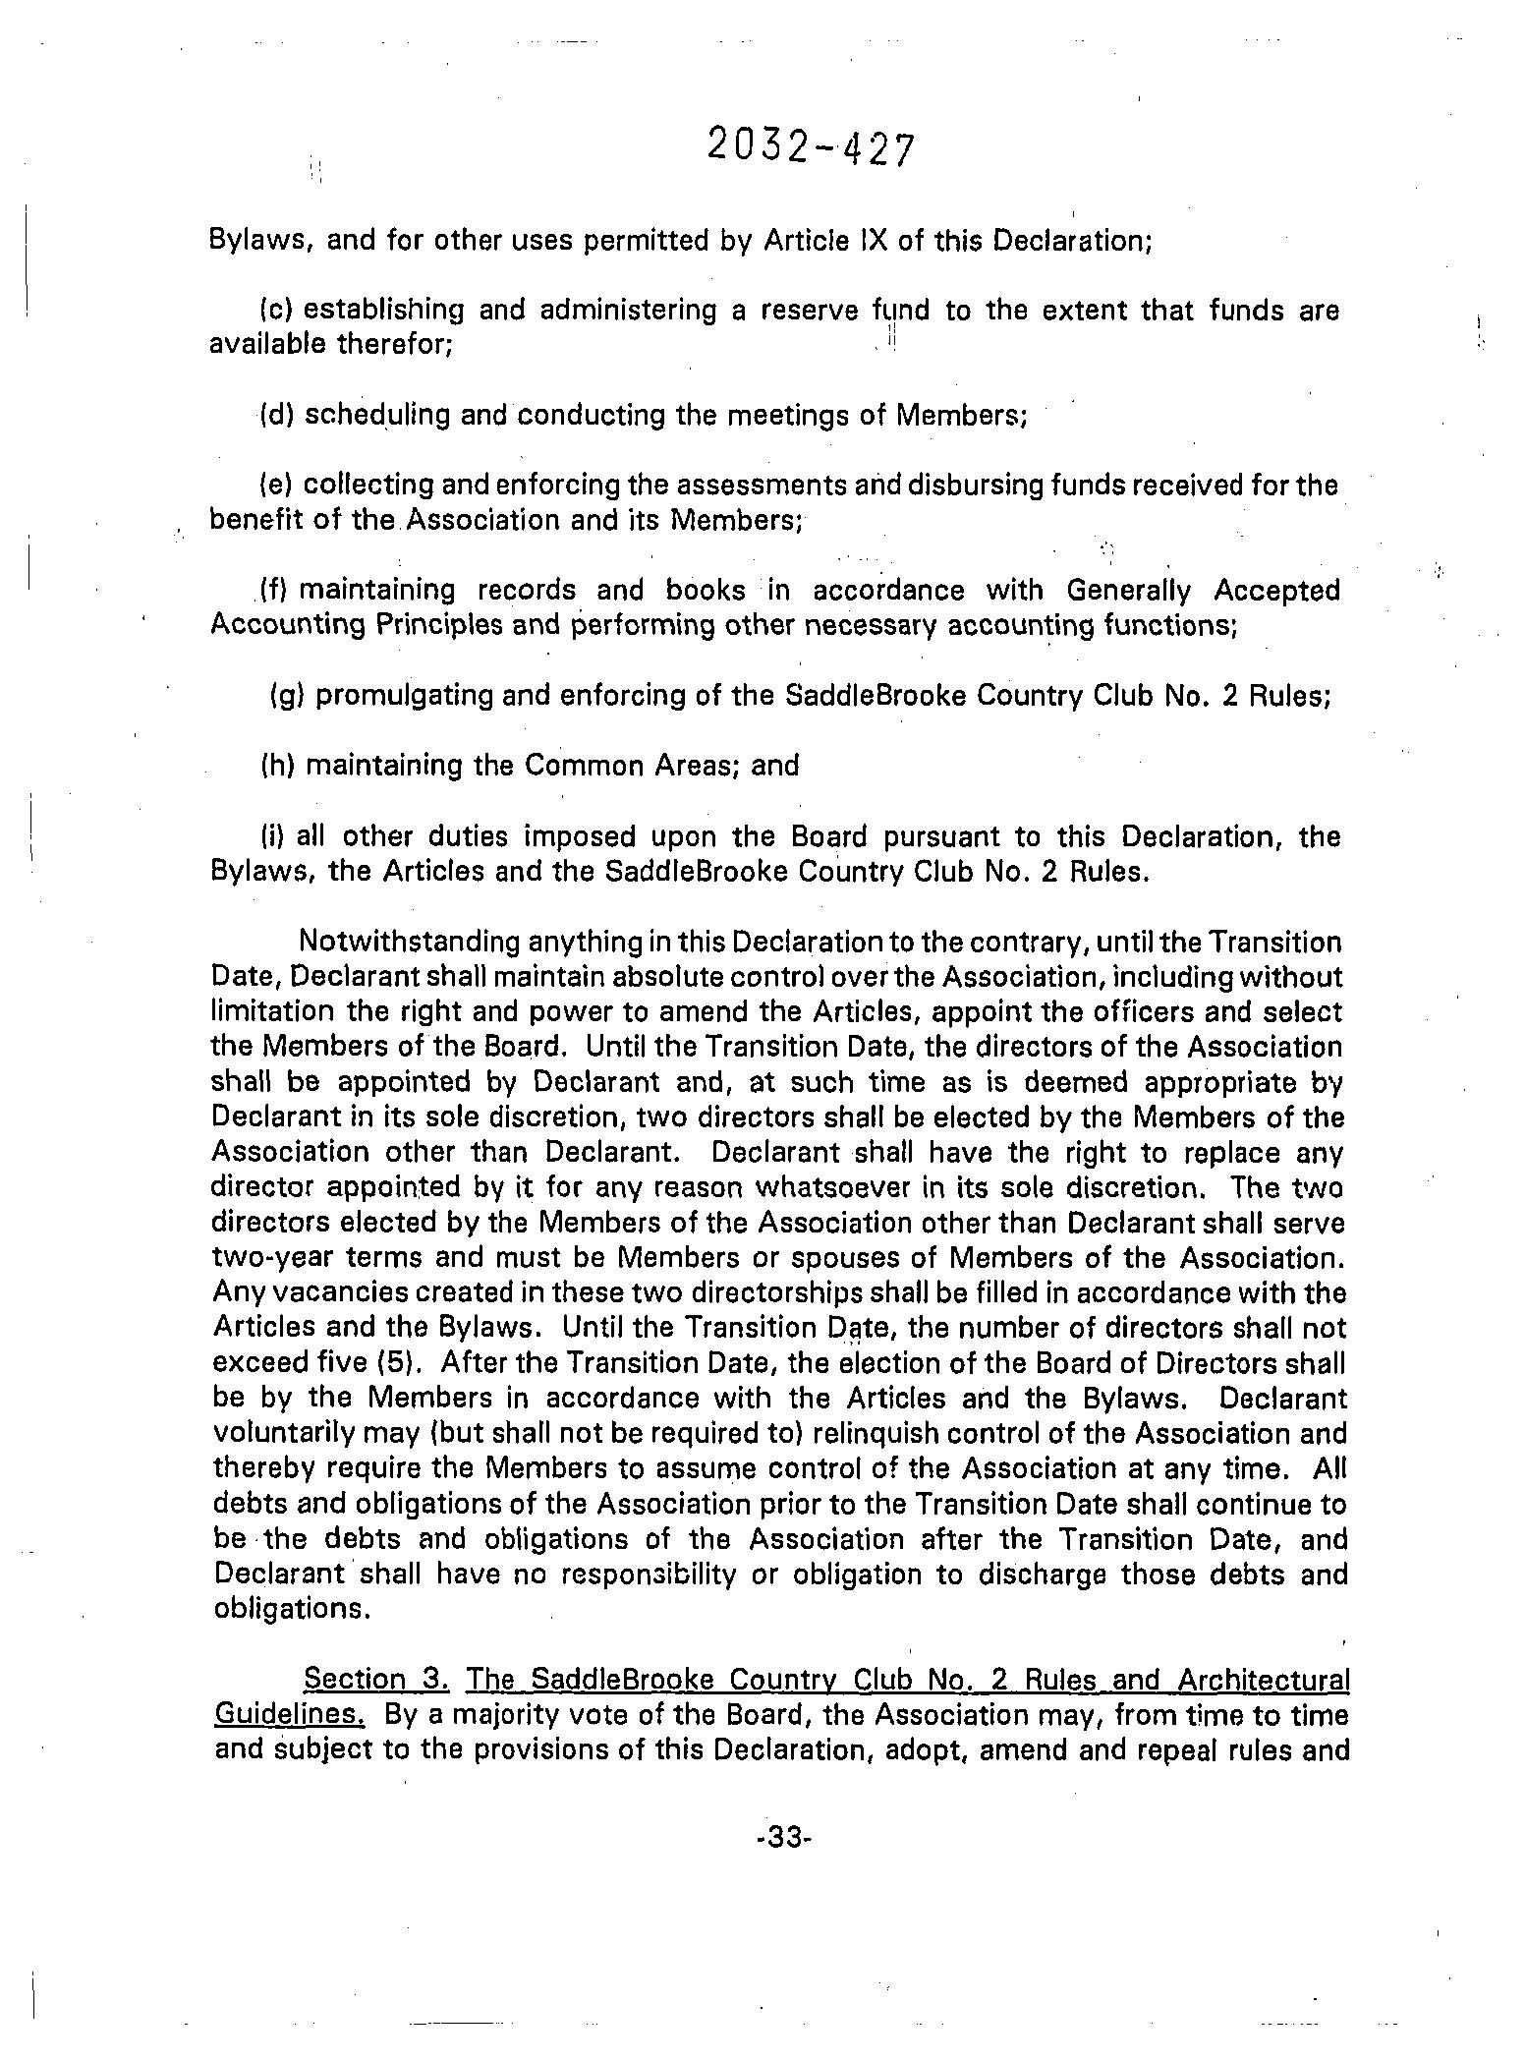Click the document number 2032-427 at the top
[810, 149]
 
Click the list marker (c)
[277, 311]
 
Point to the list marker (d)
[277, 416]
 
